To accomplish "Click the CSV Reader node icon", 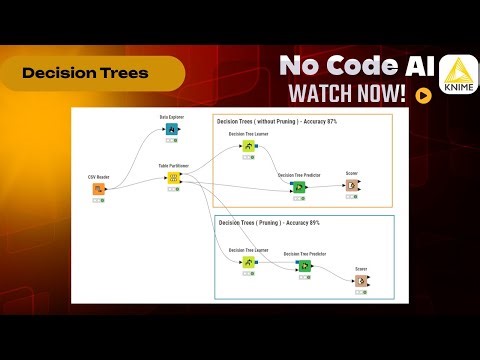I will coord(98,188).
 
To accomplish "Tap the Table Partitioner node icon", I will coord(172,178).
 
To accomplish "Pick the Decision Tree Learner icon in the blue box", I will coord(247,263).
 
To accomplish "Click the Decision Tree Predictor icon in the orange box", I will coord(297,186).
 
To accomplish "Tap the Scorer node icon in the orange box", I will coord(352,185).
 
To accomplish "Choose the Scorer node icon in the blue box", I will coord(361,281).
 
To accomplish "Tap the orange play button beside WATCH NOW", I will coord(424,97).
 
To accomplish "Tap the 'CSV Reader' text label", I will coord(97,176).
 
